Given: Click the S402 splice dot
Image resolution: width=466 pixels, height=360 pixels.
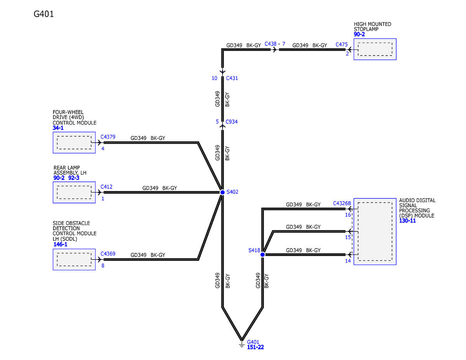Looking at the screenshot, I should coord(222,192).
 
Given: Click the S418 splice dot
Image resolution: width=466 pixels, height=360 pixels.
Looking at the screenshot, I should coord(263,255).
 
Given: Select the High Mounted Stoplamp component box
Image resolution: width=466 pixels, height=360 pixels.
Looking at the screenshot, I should coord(375,49).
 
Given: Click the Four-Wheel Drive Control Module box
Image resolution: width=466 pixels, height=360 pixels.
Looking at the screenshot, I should coord(74,143).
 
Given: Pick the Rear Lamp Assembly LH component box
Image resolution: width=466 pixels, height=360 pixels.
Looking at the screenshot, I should coord(74,192).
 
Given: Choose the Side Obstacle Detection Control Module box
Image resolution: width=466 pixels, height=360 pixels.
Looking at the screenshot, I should coord(74,259).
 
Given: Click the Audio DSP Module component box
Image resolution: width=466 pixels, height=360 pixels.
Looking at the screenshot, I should coord(375,232).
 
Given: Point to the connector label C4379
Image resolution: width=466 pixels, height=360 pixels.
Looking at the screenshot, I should coord(108,137).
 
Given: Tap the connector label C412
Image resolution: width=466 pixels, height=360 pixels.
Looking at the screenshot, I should coord(106,187).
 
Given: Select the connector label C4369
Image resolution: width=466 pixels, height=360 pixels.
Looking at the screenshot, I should coord(108,254).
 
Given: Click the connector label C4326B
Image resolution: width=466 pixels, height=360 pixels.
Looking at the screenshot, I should coord(342,203).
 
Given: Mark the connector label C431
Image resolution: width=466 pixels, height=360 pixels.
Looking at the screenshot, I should coord(231,78).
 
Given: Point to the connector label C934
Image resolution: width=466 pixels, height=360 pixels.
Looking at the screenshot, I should coord(231,122).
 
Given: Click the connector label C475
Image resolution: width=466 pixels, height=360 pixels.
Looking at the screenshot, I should coord(342,45).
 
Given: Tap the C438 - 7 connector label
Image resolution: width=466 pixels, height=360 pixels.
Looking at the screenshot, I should coord(275,44).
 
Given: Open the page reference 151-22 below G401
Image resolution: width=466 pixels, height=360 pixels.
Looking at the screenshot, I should coord(255,347).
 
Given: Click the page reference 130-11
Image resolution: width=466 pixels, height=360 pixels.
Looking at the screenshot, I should coord(407,221).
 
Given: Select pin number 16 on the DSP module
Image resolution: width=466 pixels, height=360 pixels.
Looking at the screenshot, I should coord(348,215).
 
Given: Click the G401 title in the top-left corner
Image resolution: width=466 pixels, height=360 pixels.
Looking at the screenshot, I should coord(43,14).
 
